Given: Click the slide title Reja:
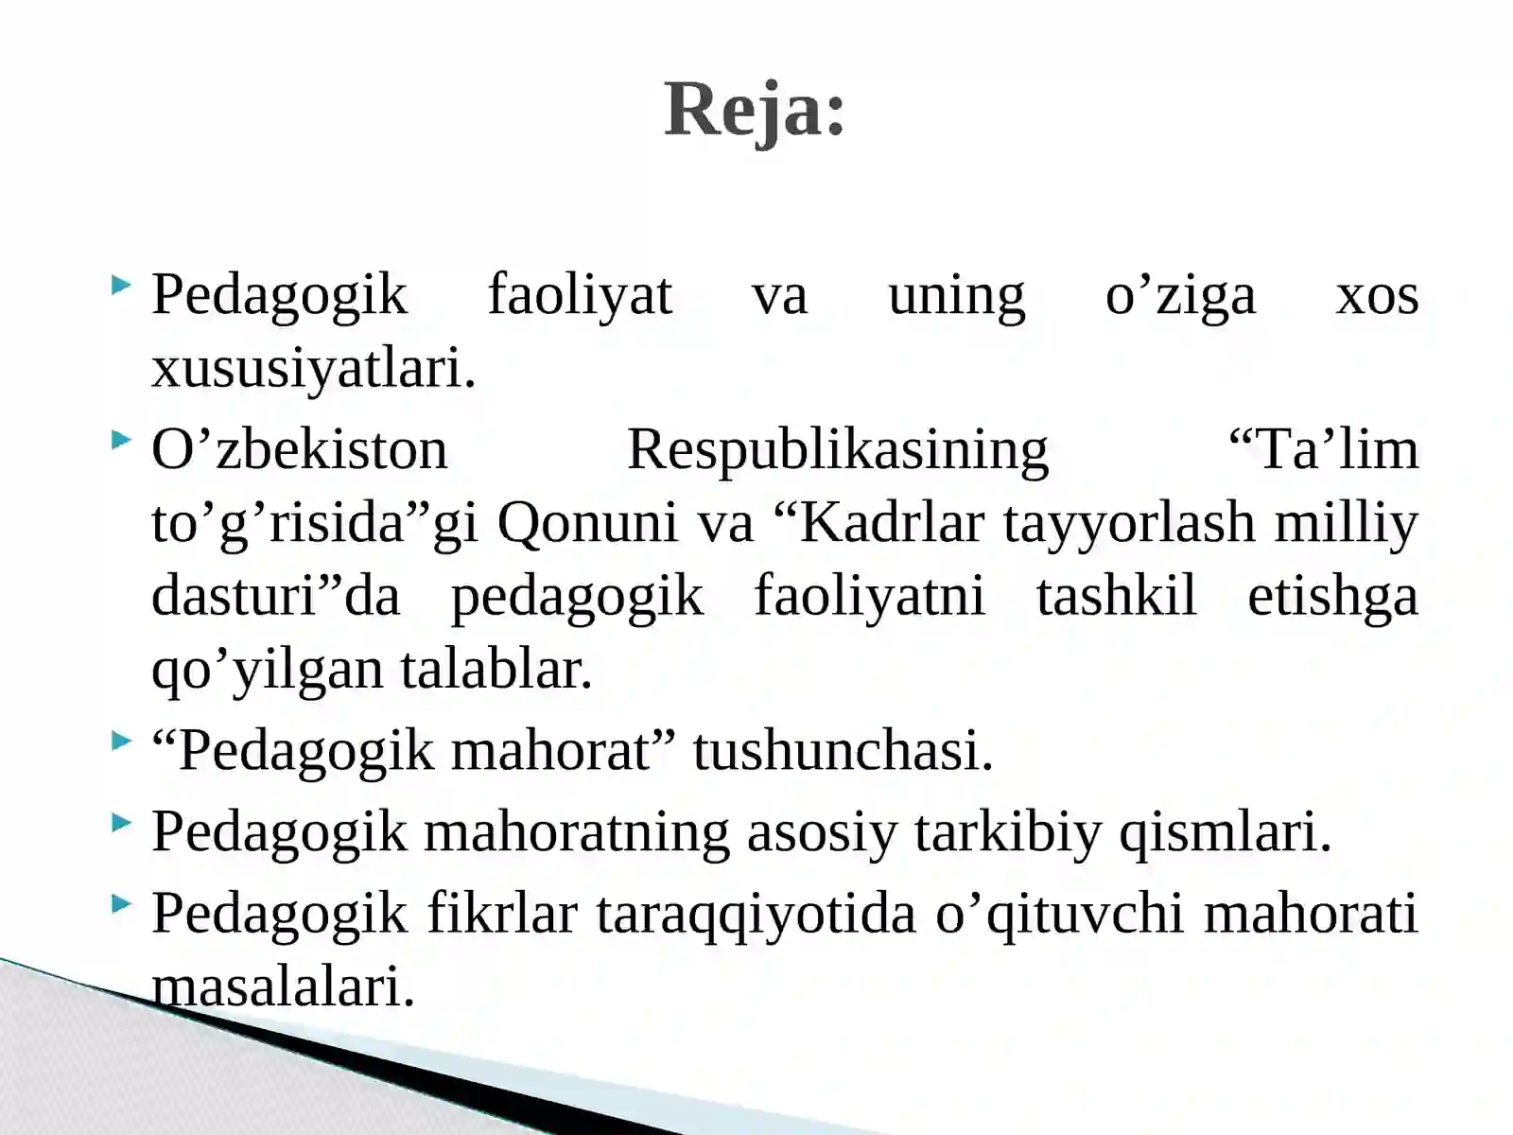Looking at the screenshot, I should pyautogui.click(x=754, y=110).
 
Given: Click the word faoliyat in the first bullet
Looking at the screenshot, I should pyautogui.click(x=580, y=295).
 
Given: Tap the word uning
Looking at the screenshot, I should pyautogui.click(x=956, y=295).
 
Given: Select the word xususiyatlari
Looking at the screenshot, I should pyautogui.click(x=313, y=369).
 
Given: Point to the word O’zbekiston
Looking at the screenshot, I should pyautogui.click(x=299, y=450).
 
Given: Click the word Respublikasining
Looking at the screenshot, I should pyautogui.click(x=838, y=450).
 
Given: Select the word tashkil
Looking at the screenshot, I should pyautogui.click(x=1116, y=597).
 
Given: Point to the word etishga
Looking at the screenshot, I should pyautogui.click(x=1332, y=597).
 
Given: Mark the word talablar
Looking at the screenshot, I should pyautogui.click(x=496, y=670).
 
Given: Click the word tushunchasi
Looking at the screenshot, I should pyautogui.click(x=843, y=751).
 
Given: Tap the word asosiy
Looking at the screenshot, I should pyautogui.click(x=821, y=832).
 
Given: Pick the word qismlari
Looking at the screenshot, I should pyautogui.click(x=1225, y=832).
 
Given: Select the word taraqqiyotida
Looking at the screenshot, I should pyautogui.click(x=756, y=914).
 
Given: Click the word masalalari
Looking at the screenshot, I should pyautogui.click(x=284, y=987).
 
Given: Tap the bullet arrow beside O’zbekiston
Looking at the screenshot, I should pyautogui.click(x=120, y=440).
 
